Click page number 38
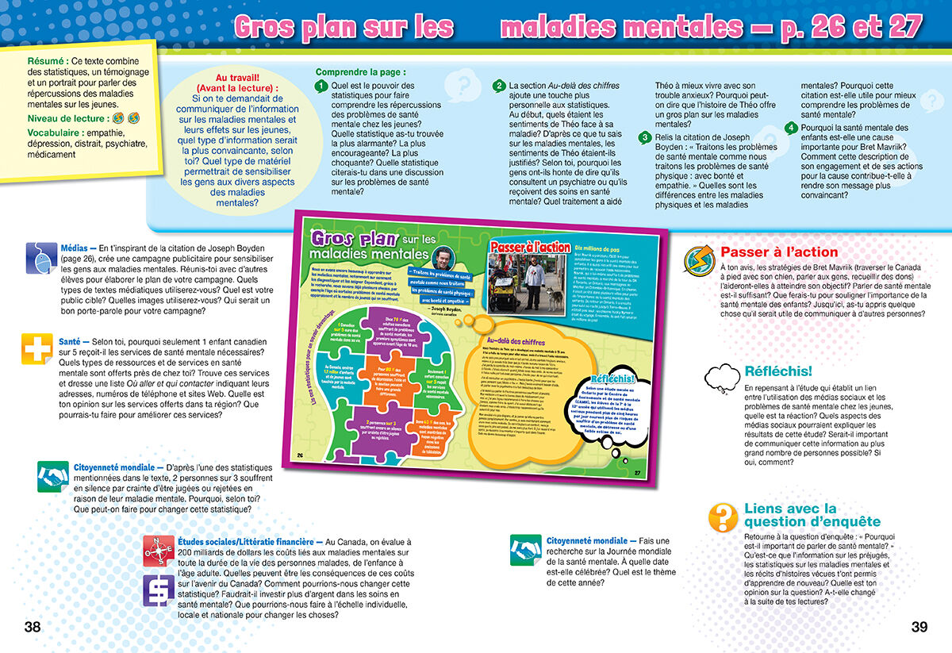point(32,627)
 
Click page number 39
point(919,627)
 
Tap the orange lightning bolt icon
point(699,259)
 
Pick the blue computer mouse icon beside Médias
point(40,256)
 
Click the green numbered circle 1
point(321,86)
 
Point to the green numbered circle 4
point(790,128)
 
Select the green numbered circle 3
point(645,138)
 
